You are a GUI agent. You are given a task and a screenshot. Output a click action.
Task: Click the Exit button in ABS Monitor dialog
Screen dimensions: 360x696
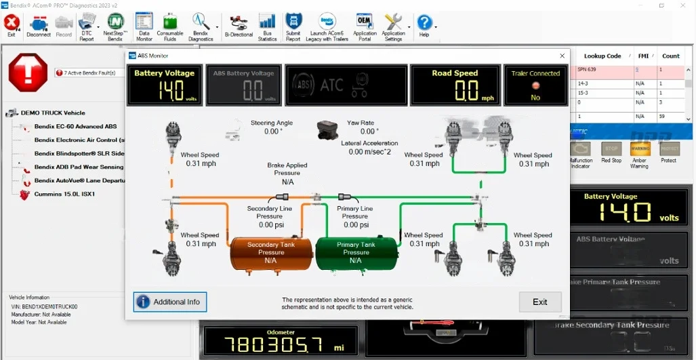click(540, 302)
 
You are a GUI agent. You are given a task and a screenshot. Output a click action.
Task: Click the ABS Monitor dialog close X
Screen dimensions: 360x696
click(562, 56)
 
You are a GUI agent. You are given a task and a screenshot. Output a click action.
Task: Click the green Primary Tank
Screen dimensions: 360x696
click(356, 253)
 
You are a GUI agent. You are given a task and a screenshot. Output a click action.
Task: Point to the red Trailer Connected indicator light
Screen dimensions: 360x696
click(535, 85)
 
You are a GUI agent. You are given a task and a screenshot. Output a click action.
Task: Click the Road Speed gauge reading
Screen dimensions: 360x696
click(456, 90)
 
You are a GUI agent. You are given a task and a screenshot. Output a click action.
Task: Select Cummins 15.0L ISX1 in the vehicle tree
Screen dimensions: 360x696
click(65, 194)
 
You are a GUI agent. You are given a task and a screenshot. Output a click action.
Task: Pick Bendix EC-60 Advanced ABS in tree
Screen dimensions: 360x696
click(75, 126)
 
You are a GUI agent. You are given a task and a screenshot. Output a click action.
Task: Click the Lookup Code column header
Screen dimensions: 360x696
click(602, 56)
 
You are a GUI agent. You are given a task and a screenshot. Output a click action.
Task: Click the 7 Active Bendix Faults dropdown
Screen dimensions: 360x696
click(89, 73)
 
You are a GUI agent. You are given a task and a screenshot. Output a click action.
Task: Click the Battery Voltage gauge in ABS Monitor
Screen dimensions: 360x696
click(165, 85)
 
